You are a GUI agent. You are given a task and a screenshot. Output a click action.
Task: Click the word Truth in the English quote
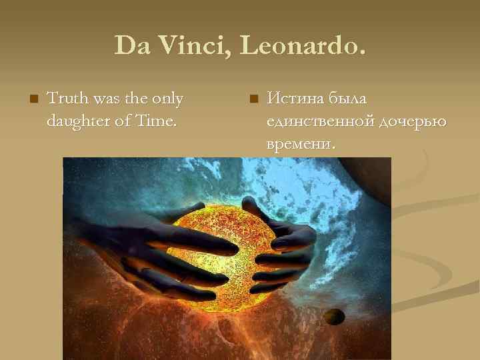click(65, 99)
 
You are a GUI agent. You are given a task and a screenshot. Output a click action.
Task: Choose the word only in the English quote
click(166, 99)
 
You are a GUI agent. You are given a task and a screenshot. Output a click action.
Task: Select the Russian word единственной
click(320, 121)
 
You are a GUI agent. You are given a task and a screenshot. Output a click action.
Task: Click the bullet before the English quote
click(31, 99)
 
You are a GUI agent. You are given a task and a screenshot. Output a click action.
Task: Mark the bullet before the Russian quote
click(252, 99)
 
